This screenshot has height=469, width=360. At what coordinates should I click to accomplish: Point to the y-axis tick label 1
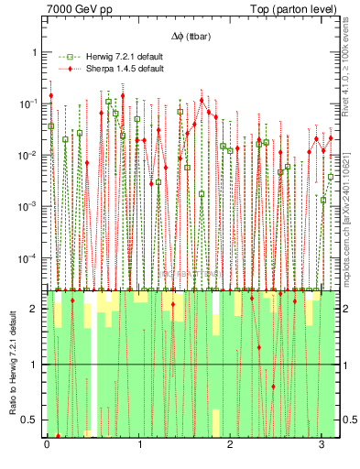[x=36, y=52]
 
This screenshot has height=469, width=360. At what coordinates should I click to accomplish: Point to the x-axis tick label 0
[x=47, y=444]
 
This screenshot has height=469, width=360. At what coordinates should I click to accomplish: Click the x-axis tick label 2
[x=231, y=444]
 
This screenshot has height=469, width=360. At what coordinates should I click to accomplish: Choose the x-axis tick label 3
[x=322, y=444]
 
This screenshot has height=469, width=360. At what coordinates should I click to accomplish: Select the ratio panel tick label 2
[x=36, y=309]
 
